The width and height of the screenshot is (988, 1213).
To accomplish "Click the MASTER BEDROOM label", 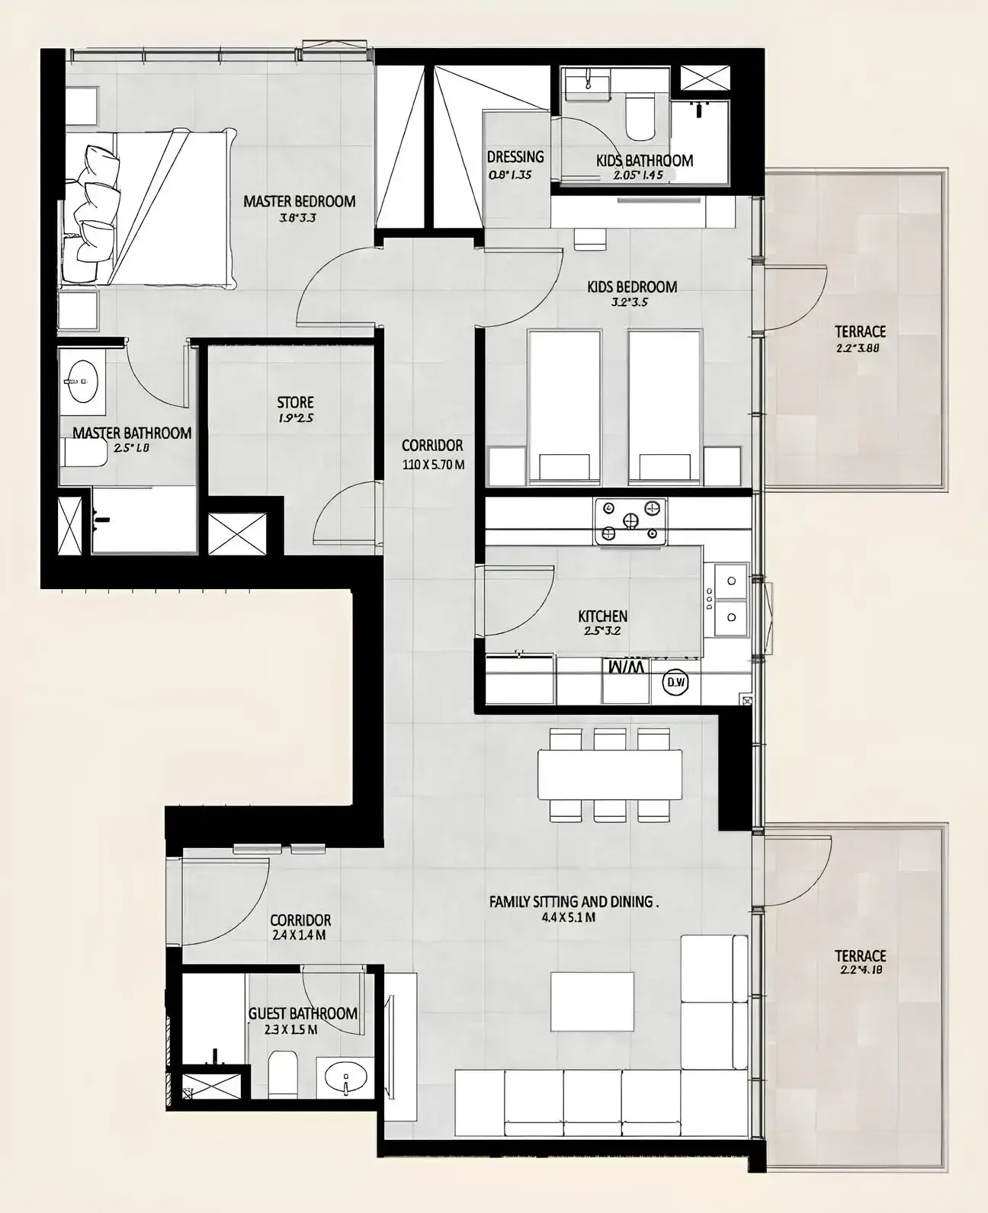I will (299, 202).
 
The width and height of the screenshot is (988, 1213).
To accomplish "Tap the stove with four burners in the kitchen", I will (630, 521).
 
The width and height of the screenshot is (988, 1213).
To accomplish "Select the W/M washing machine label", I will (627, 667).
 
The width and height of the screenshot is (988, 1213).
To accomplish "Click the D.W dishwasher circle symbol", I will (675, 683).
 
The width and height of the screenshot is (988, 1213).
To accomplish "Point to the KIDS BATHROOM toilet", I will (639, 117).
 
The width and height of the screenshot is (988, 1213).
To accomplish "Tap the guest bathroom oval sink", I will (345, 1077).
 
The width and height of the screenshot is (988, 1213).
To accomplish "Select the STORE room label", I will (295, 402).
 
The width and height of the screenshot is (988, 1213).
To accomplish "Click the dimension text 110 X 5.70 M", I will (433, 464).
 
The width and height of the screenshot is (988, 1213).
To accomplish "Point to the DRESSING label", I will (515, 157).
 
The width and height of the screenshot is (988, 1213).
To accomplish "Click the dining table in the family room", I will (609, 774).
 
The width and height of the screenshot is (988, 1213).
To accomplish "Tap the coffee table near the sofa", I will (592, 1001).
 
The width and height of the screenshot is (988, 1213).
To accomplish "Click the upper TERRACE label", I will (860, 331).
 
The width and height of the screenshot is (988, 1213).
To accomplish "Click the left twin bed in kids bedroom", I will (565, 404).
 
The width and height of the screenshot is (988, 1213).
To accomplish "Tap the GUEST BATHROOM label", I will (303, 1013).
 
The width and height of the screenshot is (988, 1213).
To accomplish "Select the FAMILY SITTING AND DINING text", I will (573, 901).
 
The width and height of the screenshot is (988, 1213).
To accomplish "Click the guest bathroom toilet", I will (284, 1074).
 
